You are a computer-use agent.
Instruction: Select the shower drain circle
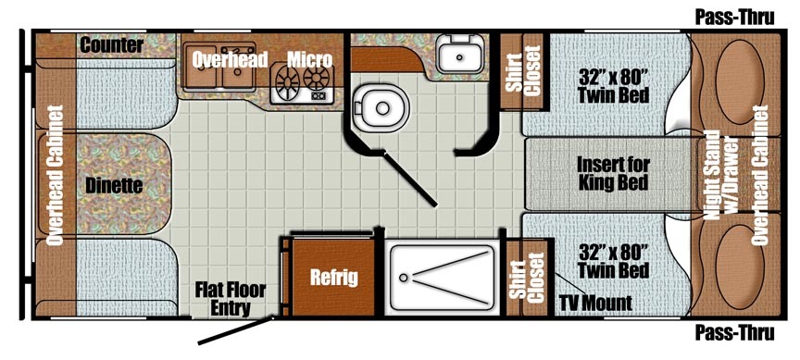[404, 278]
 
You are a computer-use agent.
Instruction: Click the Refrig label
[334, 278]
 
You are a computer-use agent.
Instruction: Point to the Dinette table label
[114, 186]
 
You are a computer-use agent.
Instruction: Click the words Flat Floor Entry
[231, 299]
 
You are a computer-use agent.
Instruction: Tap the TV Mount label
[594, 304]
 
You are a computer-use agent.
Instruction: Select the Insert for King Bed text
[613, 173]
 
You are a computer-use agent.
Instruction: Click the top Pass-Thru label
[734, 18]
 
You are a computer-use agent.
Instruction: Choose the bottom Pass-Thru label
[734, 333]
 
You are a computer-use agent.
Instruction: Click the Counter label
[112, 44]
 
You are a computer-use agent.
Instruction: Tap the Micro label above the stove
[309, 59]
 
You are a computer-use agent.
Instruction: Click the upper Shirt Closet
[523, 71]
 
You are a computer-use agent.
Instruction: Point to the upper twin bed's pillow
[740, 81]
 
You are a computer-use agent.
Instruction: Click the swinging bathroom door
[409, 178]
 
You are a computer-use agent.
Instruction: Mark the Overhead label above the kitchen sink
[230, 59]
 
